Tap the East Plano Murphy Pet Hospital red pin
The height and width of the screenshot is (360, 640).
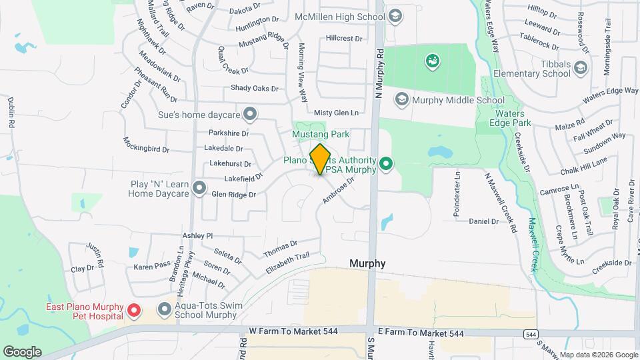(133, 310)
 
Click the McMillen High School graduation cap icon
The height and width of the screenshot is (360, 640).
(395, 15)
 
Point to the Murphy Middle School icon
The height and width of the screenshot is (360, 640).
(401, 101)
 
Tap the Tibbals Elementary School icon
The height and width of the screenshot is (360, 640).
(581, 67)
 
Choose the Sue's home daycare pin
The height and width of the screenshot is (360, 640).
(250, 115)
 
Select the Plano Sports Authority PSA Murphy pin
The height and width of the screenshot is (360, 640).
(385, 163)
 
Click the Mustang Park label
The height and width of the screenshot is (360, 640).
(321, 135)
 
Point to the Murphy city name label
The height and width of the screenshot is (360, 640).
(367, 263)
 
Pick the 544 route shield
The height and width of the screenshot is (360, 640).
(530, 334)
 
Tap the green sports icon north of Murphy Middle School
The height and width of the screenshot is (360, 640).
(432, 62)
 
